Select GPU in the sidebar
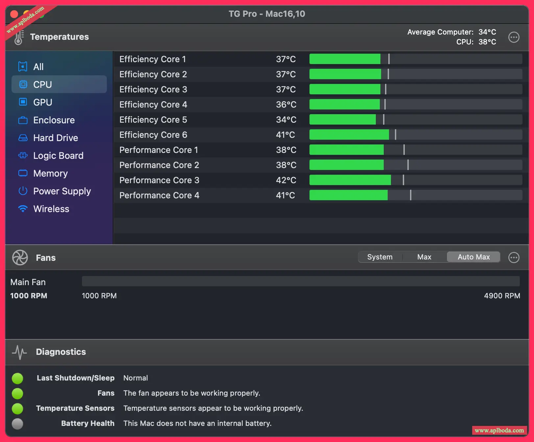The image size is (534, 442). coord(43,102)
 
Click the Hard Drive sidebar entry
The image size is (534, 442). coord(56,138)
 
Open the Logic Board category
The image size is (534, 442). coord(58,156)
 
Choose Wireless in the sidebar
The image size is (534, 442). coord(51,209)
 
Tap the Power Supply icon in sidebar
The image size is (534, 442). coord(23,191)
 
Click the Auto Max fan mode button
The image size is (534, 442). coord(473,257)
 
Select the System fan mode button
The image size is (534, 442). coord(380,257)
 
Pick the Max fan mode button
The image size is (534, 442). coord(424,257)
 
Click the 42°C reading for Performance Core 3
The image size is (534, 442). coord(286,180)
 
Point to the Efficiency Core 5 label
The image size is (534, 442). coord(153,120)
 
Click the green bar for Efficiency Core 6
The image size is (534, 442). coord(349,135)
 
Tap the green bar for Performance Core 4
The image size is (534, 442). coord(348,195)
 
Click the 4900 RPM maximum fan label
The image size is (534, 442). coord(502,296)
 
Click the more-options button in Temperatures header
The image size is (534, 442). coord(514,37)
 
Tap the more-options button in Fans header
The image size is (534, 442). coord(514,258)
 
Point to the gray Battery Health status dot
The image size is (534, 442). coord(17,424)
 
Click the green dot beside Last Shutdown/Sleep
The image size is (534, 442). coord(17,378)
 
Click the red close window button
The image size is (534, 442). coord(14,14)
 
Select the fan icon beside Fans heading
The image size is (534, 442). coord(20,258)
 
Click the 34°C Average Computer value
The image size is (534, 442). coord(487,32)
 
